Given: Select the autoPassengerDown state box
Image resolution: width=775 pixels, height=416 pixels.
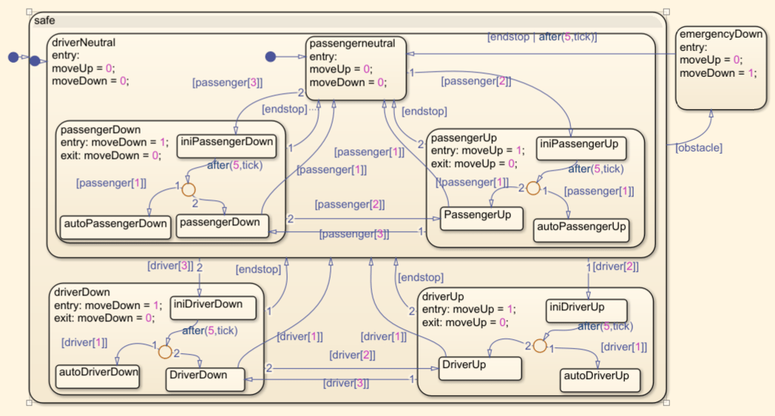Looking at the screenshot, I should click(115, 226).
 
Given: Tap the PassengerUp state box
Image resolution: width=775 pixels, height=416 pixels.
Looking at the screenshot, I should click(482, 218).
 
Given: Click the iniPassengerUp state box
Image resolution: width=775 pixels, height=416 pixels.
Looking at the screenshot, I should click(581, 148).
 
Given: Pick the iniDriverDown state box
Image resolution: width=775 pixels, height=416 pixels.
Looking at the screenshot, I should click(214, 307).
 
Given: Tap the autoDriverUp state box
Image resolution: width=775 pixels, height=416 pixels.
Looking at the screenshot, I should click(600, 380).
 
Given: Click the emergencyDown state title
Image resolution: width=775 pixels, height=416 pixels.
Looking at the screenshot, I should click(721, 34).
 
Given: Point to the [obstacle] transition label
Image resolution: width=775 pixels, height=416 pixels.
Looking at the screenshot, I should click(699, 148).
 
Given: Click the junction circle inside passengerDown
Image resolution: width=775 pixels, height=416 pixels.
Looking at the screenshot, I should click(189, 189).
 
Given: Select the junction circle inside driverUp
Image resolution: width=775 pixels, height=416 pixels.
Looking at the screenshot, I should click(540, 346).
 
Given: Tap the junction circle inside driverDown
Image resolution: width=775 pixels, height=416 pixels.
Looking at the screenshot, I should click(165, 352).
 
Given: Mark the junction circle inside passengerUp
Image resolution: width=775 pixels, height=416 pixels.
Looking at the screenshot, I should click(533, 188).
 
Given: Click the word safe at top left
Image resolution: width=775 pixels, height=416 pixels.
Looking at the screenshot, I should click(44, 21).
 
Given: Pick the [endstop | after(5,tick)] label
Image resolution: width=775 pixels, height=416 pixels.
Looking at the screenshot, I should click(541, 36).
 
